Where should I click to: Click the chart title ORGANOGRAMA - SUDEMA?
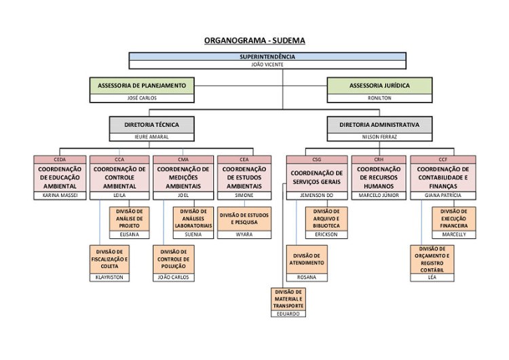click(x=254, y=40)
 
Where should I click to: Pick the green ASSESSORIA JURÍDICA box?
click(x=379, y=86)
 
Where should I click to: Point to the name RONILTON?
click(x=379, y=98)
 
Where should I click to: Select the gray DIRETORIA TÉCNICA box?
click(x=151, y=125)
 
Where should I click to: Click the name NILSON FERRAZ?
click(x=379, y=137)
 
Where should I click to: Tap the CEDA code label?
click(x=60, y=160)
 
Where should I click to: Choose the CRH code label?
click(x=379, y=160)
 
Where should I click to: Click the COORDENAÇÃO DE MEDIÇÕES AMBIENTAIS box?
click(x=183, y=177)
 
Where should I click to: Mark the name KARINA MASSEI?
click(x=60, y=196)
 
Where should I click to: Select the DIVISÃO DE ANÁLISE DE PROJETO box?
click(x=129, y=219)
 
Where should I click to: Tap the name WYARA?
click(x=244, y=234)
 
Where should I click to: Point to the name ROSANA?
click(x=307, y=277)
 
